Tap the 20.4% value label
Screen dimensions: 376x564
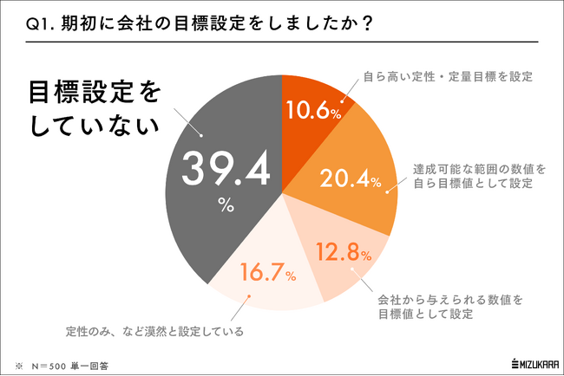[351, 179]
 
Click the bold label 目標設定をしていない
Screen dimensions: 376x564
[95, 108]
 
